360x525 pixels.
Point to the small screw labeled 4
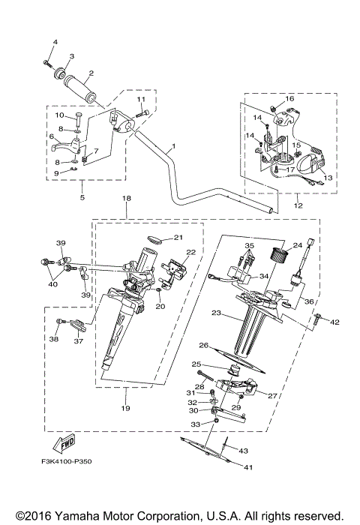tap(46, 61)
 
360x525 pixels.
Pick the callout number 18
tap(127, 197)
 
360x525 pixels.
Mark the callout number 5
tap(82, 198)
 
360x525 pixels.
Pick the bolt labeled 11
tap(144, 112)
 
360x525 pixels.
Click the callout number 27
tap(272, 394)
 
